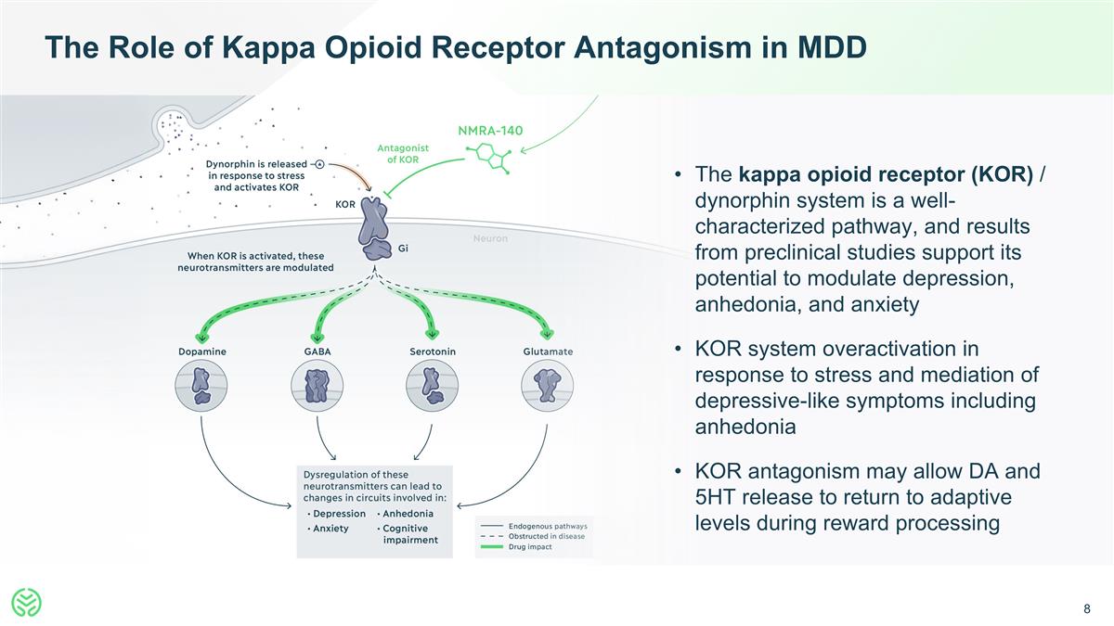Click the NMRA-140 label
[490, 130]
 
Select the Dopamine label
[201, 351]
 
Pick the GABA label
[317, 351]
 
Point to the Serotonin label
[433, 351]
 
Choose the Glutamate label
[548, 351]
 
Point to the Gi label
[403, 248]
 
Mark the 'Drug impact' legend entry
[529, 546]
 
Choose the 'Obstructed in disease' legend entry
[547, 536]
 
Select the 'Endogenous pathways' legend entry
[547, 527]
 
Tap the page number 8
[1086, 609]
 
